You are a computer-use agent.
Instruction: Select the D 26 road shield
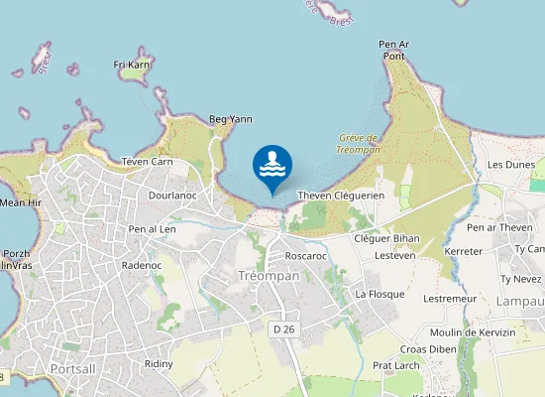[283, 329]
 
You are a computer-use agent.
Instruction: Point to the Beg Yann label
[230, 119]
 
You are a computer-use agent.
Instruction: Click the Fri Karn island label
[132, 66]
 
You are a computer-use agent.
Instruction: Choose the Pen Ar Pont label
[393, 50]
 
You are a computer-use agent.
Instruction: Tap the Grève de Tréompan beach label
[360, 143]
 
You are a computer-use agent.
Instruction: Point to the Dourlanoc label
[173, 196]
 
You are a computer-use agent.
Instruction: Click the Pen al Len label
[152, 229]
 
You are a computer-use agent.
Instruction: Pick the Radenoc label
[141, 265]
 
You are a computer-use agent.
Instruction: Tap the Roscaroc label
[305, 255]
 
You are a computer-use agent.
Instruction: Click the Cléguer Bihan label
[386, 238]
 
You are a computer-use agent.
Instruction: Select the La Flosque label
[380, 294]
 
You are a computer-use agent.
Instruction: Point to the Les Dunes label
[511, 165]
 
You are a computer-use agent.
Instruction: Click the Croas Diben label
[427, 348]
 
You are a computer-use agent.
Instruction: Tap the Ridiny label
[159, 363]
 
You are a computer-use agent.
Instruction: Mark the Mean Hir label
[21, 202]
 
